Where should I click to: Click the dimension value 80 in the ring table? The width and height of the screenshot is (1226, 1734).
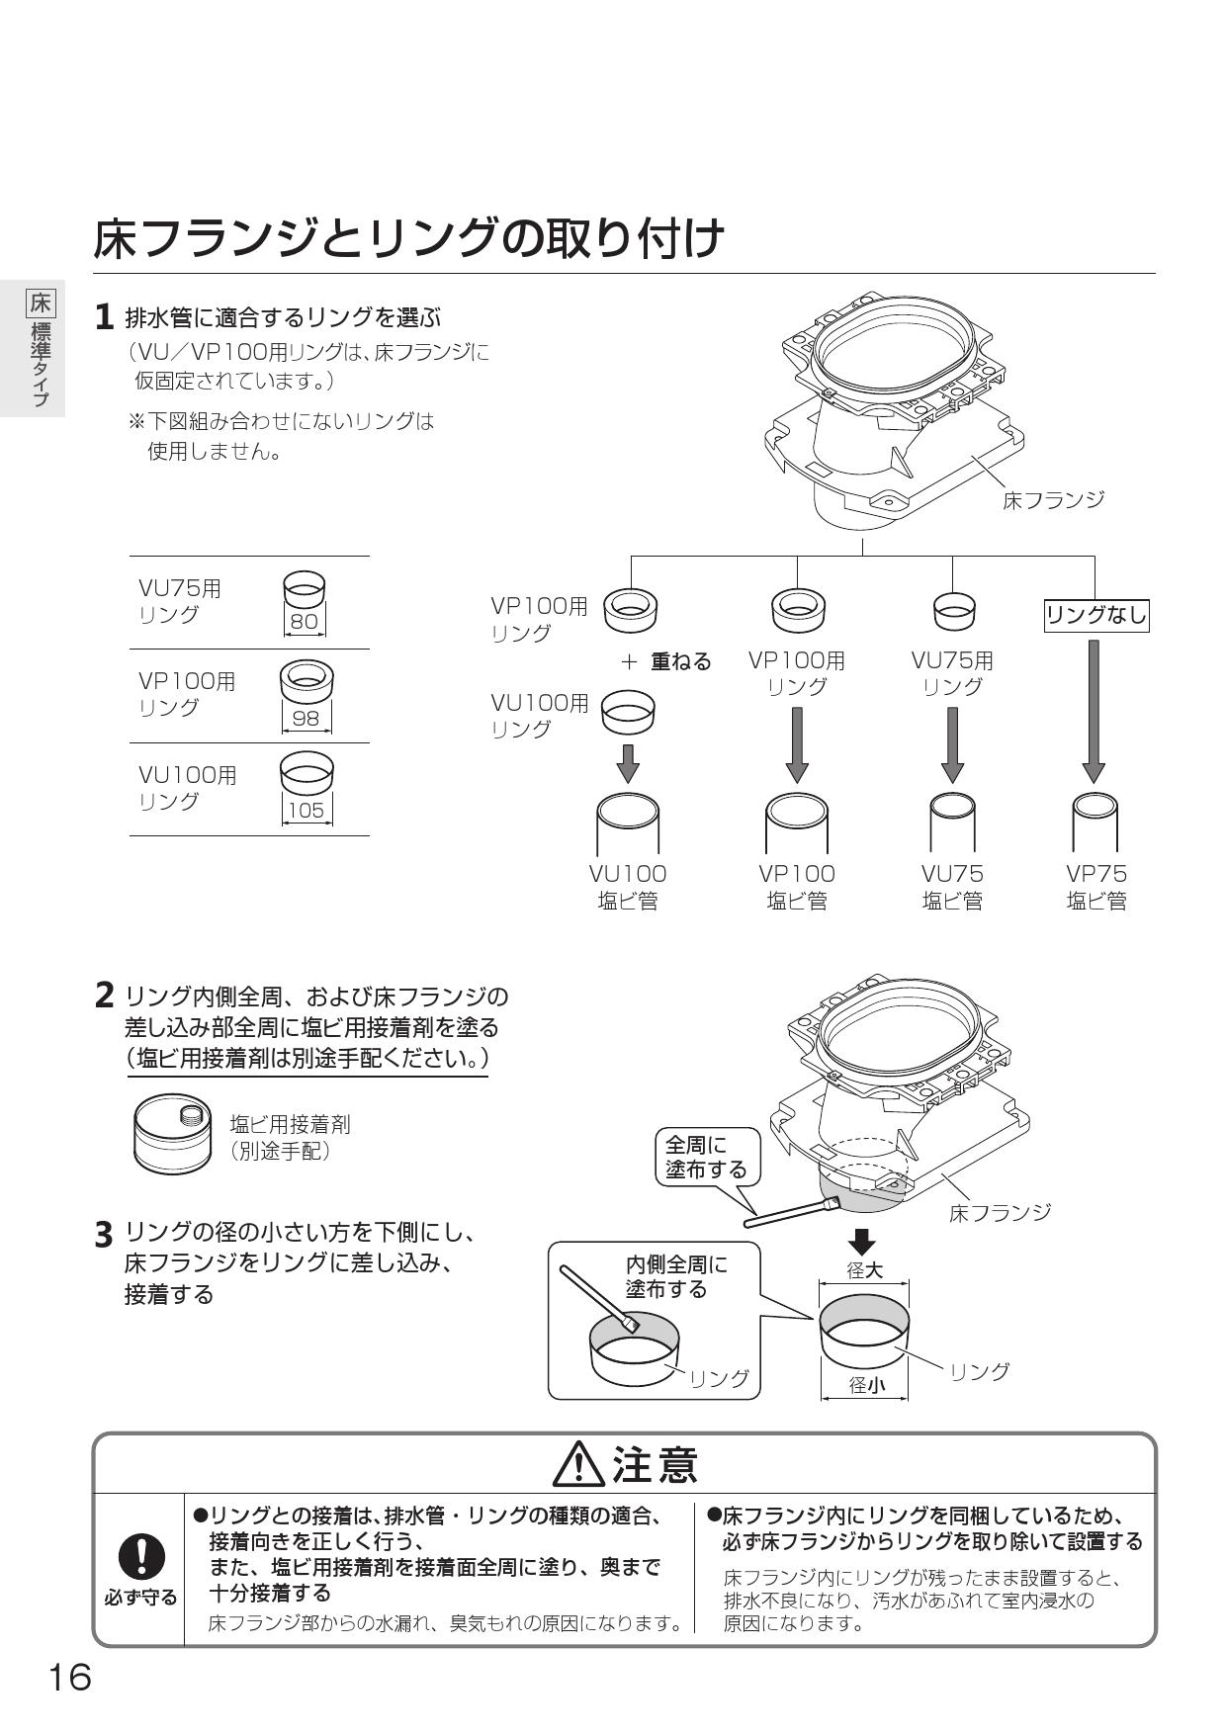pos(305,623)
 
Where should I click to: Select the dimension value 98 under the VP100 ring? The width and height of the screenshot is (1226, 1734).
pos(306,718)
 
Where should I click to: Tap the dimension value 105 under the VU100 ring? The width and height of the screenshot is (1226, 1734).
pos(306,811)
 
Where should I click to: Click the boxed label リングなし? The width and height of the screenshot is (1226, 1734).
pos(1095,616)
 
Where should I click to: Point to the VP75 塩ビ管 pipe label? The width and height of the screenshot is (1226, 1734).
pos(1095,887)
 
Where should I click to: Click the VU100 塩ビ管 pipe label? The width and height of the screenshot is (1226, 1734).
pos(628,887)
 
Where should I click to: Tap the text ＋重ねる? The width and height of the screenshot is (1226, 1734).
pos(665,661)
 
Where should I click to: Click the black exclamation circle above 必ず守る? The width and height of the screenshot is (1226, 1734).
pos(141,1558)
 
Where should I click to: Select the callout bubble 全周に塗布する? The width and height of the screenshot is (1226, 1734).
pos(706,1158)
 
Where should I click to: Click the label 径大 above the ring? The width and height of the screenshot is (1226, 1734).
pos(863,1270)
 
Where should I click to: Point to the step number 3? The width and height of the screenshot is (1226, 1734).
pos(104,1235)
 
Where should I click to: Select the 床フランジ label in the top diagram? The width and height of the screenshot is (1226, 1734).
pos(1052,500)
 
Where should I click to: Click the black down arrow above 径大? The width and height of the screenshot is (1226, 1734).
pos(863,1242)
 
